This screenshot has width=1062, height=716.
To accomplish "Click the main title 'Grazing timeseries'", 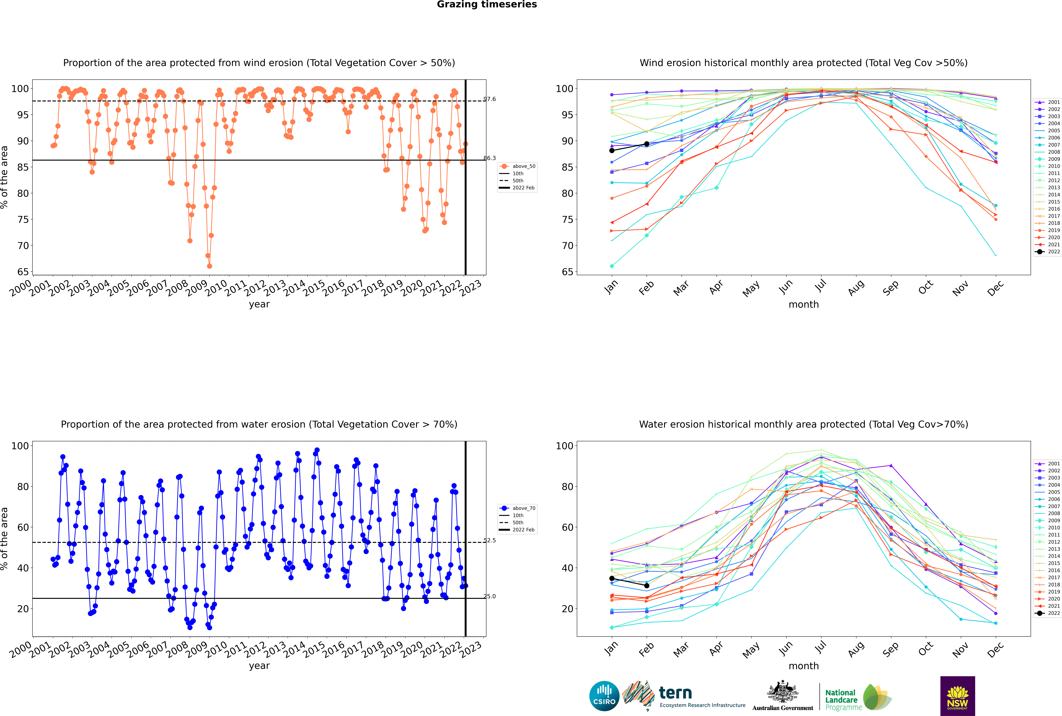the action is click(487, 5).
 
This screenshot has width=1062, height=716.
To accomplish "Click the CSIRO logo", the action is click(604, 696).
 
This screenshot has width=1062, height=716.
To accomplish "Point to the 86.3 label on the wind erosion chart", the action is click(489, 158).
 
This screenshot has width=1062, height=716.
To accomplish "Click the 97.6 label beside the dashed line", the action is click(489, 99).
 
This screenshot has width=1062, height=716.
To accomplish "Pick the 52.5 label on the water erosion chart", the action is click(489, 540).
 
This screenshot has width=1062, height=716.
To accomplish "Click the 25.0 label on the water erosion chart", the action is click(489, 596).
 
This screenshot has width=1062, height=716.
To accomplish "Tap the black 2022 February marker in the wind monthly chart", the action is click(647, 144).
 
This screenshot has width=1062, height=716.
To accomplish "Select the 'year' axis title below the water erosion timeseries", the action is click(259, 666).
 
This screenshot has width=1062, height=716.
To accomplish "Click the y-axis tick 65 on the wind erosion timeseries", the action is click(23, 272).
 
